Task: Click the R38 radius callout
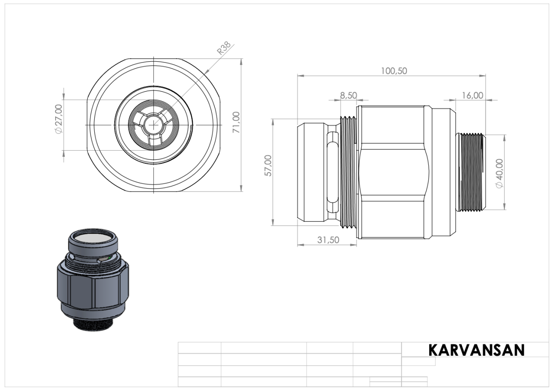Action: (x=223, y=48)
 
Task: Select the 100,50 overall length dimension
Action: (x=394, y=71)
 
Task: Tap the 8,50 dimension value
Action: (x=349, y=96)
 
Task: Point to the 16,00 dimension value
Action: (x=473, y=96)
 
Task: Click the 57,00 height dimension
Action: (x=268, y=166)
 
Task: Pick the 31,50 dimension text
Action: (x=328, y=240)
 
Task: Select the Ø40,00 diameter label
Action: (x=500, y=173)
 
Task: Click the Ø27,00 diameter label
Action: (x=59, y=119)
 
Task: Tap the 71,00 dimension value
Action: (x=236, y=123)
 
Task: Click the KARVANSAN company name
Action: (x=476, y=350)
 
